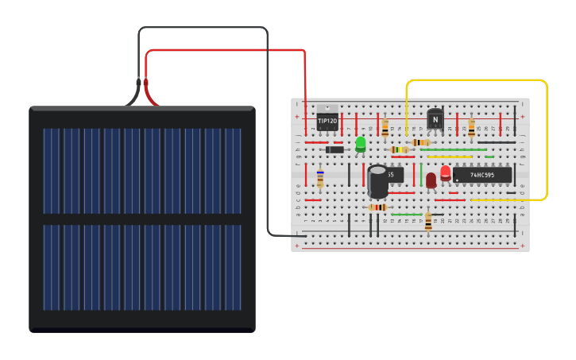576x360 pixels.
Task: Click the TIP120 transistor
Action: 327,119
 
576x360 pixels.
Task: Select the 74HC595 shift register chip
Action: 482,175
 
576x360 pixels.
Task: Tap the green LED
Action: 361,144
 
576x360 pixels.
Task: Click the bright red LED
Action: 445,172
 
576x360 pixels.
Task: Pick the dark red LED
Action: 431,180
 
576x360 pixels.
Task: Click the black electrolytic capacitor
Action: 378,181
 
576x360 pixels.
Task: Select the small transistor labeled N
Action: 435,119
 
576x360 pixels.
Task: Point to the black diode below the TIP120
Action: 334,149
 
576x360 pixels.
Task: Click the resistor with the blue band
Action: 320,178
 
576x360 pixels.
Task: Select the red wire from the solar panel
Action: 230,51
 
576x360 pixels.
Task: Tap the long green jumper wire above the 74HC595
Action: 453,149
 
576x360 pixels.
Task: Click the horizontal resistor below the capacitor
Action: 378,207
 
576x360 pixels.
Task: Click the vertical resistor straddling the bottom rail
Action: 428,222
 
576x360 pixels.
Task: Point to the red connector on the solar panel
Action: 146,83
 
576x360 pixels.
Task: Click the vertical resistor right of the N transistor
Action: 471,128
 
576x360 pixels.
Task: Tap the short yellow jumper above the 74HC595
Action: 450,157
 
